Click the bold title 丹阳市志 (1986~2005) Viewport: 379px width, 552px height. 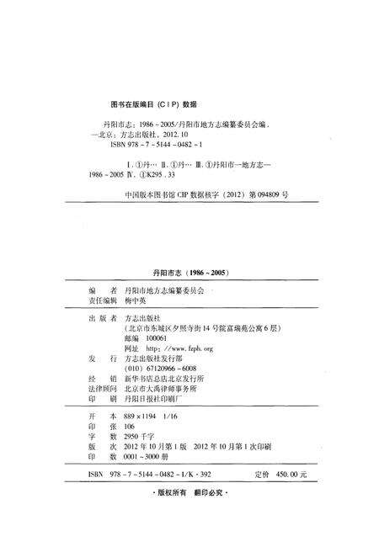coord(190,273)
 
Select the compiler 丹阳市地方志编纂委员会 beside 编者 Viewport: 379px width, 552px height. coord(164,288)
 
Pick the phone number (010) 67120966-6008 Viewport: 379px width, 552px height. coord(160,369)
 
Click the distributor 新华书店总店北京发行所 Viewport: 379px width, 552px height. coord(165,379)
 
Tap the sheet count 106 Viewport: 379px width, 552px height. coord(130,429)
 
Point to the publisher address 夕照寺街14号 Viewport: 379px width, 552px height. coord(192,326)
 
